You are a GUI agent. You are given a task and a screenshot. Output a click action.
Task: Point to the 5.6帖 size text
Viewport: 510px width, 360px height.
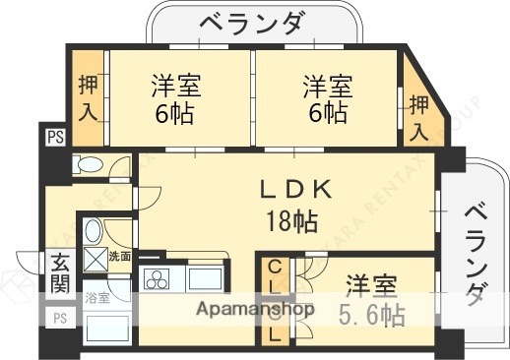371,316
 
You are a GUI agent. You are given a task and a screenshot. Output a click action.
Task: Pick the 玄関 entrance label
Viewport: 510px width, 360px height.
58,274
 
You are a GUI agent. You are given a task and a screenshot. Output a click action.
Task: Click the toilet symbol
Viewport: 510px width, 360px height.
91,164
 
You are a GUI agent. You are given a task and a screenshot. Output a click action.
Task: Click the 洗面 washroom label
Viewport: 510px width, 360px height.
119,257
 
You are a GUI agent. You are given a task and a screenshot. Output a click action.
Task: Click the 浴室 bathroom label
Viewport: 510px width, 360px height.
96,296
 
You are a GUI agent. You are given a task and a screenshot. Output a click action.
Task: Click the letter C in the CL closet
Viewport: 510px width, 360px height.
275,266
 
